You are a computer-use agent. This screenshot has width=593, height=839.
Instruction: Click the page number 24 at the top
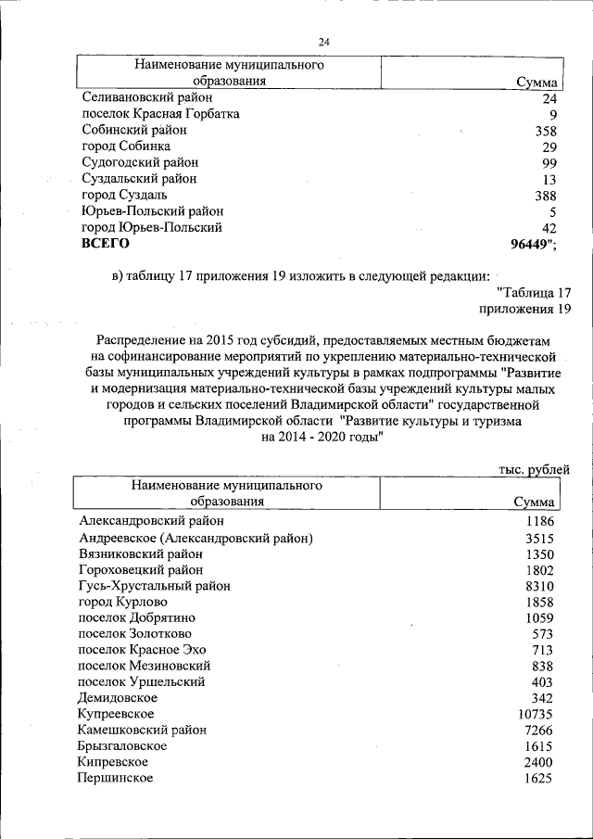tap(323, 42)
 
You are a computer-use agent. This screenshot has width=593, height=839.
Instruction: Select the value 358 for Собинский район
tap(545, 131)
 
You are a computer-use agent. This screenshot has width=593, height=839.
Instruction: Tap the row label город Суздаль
tap(124, 195)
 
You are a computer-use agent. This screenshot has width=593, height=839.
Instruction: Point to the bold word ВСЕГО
tap(106, 244)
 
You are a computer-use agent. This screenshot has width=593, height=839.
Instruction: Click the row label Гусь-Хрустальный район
tap(155, 586)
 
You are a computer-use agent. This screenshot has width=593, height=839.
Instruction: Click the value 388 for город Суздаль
tap(545, 196)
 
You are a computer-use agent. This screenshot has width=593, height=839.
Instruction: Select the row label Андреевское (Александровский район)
tap(196, 538)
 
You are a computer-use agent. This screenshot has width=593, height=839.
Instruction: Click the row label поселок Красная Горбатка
tap(160, 114)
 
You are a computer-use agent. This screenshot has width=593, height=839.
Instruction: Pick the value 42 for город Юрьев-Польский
tap(549, 228)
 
